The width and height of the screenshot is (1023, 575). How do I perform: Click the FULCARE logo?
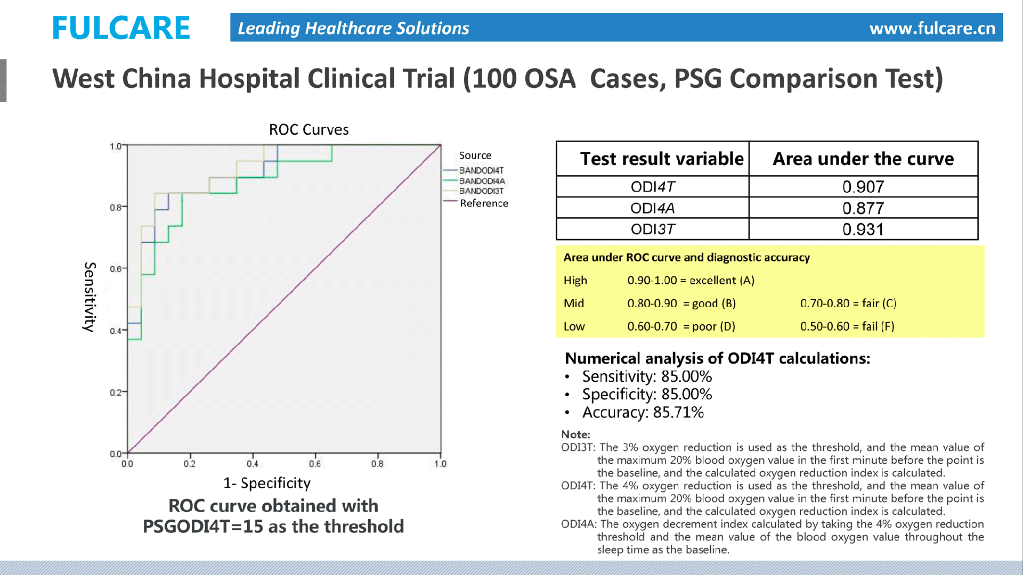point(121,28)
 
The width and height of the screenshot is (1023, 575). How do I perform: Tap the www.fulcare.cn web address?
point(932,28)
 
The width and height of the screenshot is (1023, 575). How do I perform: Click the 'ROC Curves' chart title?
point(308,129)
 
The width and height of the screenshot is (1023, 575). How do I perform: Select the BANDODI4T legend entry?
point(481,170)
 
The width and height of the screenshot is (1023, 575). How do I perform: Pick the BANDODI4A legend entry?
point(482,181)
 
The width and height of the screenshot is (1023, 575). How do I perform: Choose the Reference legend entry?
point(483,203)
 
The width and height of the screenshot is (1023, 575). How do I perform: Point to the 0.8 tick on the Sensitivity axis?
point(116,208)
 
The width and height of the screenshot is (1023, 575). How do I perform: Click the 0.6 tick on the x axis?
point(315,464)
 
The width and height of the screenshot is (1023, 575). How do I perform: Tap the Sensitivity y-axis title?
point(90,297)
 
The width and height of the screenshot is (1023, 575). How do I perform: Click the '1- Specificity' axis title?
point(266,483)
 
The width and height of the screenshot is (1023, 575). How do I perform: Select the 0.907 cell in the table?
point(863,187)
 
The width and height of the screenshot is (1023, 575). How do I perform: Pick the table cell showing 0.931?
point(863,229)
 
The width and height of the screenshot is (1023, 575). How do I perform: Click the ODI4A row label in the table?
point(652,208)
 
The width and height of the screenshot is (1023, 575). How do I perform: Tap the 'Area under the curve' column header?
point(863,159)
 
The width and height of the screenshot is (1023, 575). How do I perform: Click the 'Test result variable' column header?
point(661,159)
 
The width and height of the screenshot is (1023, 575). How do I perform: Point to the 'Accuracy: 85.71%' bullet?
point(643,413)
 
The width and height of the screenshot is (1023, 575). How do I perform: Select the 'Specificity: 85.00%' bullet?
point(647,395)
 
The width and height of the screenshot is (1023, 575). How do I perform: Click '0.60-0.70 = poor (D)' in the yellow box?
point(681,326)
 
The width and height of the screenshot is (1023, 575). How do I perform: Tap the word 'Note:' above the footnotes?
point(575,434)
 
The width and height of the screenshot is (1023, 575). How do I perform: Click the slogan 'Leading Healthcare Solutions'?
point(353,28)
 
